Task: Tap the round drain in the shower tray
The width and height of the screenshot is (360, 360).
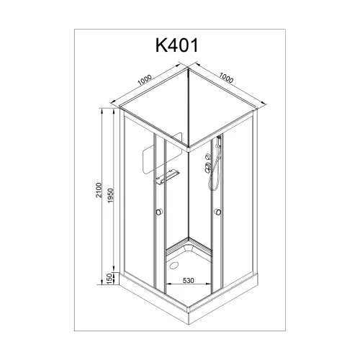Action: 173,263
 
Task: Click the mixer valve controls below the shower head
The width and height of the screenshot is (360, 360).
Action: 209,168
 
